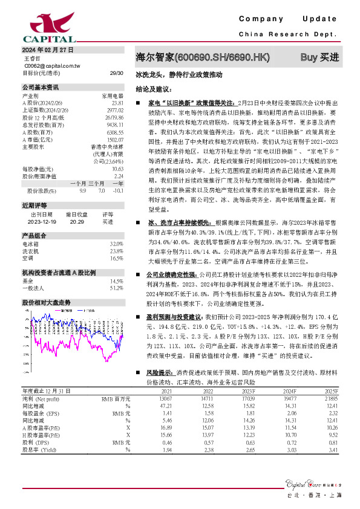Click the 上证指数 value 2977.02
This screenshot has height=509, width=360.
[x=115, y=110]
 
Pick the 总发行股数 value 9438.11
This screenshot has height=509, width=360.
[x=115, y=123]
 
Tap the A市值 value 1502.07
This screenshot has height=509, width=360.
[x=115, y=137]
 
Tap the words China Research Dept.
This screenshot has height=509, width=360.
[x=287, y=34]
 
